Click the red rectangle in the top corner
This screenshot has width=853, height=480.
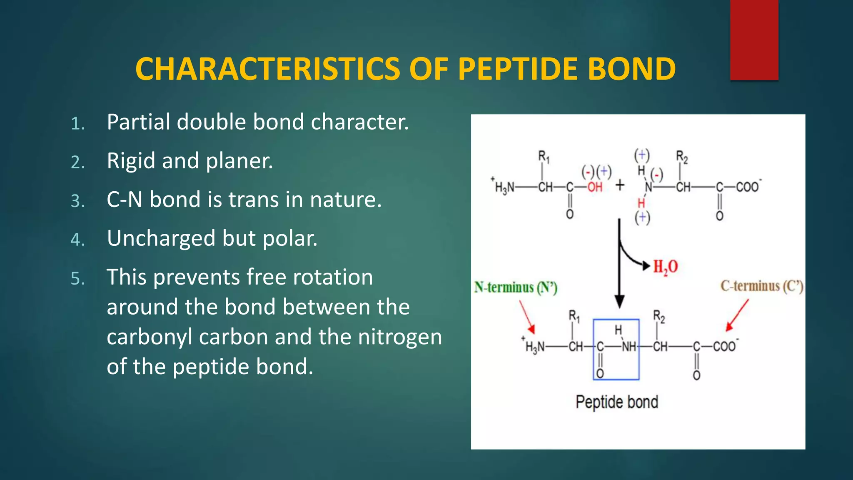(x=754, y=40)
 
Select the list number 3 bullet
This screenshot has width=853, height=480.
(x=78, y=201)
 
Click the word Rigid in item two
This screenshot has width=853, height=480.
(x=131, y=161)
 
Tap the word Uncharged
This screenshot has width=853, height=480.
(x=161, y=239)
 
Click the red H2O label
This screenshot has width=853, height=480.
(x=665, y=267)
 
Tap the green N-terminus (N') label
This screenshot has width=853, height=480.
(x=516, y=287)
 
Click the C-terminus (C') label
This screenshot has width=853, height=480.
(x=761, y=286)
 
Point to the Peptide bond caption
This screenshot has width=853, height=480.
(x=617, y=402)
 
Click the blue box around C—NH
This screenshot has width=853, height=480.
(x=616, y=349)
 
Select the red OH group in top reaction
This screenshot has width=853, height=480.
(x=595, y=187)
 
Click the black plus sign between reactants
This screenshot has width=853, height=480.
(x=620, y=185)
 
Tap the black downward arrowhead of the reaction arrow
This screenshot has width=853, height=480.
(x=619, y=301)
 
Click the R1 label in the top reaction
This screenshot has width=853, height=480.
(x=544, y=157)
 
